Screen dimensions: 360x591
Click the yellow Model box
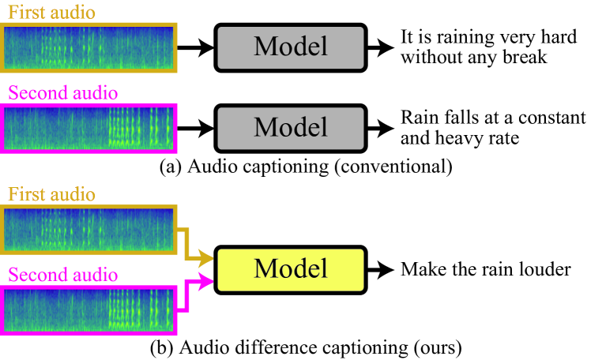tap(290, 268)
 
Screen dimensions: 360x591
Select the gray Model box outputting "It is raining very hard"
tap(290, 47)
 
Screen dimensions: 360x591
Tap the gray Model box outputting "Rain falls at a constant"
tap(290, 127)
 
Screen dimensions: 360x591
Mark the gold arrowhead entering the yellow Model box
tap(209, 257)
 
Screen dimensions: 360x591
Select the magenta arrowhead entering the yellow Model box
tap(209, 279)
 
